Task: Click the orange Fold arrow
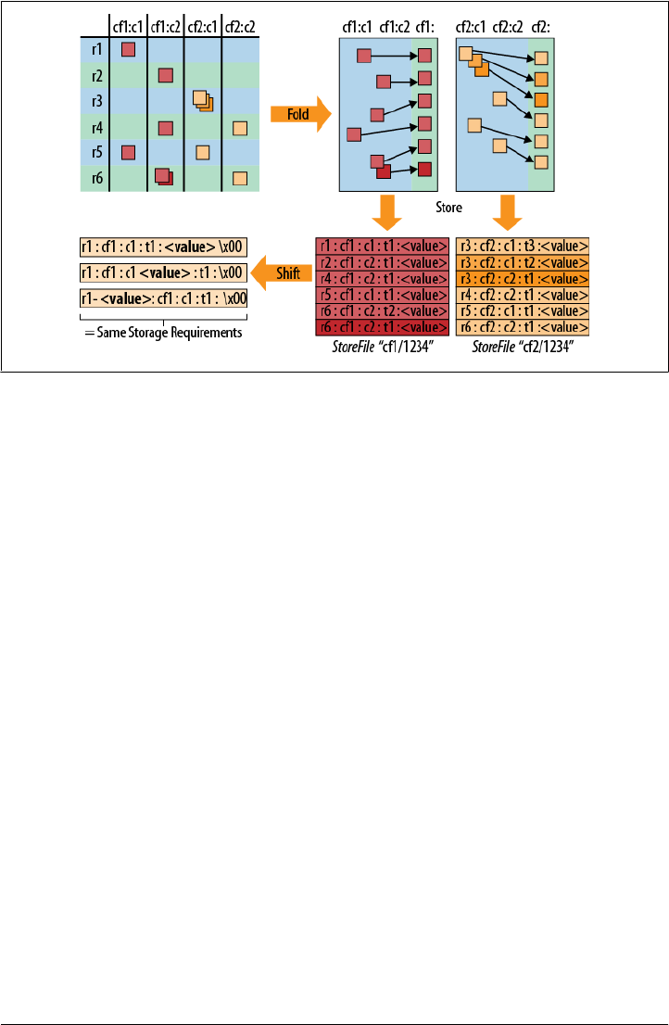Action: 299,114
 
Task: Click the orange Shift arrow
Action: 282,272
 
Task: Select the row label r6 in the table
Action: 96,178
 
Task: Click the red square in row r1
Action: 129,49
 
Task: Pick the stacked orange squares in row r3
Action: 202,100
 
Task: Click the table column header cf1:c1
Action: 128,27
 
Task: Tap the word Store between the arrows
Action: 449,207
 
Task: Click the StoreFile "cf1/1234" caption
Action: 382,347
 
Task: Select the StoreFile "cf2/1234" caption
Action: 523,347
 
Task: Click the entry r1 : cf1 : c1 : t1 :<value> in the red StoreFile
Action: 382,246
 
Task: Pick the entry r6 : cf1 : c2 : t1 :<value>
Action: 382,327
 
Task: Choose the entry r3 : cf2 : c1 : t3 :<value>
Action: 523,246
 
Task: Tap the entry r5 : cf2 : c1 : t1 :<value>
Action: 523,310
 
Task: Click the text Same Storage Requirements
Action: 163,333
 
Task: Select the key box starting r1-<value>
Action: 163,298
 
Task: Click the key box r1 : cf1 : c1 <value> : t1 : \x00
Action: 163,272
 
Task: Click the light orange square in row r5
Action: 203,152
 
